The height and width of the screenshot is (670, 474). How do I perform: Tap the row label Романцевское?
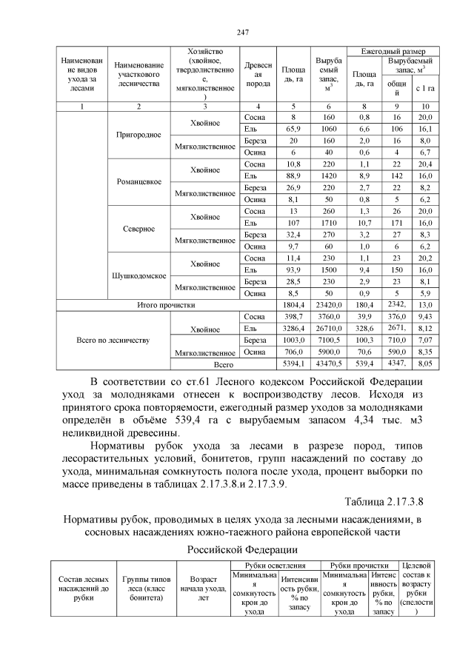[138, 181]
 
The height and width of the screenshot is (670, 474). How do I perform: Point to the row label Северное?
[138, 228]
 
